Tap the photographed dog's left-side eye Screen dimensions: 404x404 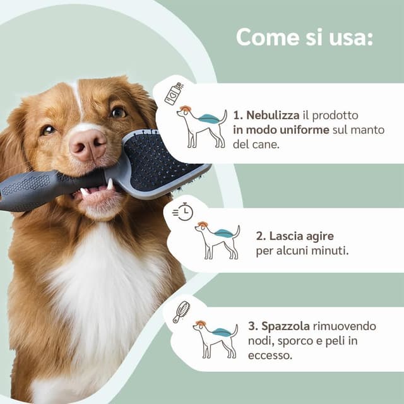pos(49,130)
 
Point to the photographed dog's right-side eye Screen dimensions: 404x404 pos(118,112)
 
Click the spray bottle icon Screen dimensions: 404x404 pos(174,93)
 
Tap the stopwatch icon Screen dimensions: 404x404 pos(183,212)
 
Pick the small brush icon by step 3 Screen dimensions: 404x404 pos(182,311)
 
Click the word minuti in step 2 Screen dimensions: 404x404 pos(331,251)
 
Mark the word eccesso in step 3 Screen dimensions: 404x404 pos(270,355)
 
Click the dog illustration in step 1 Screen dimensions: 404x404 pos(200,126)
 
